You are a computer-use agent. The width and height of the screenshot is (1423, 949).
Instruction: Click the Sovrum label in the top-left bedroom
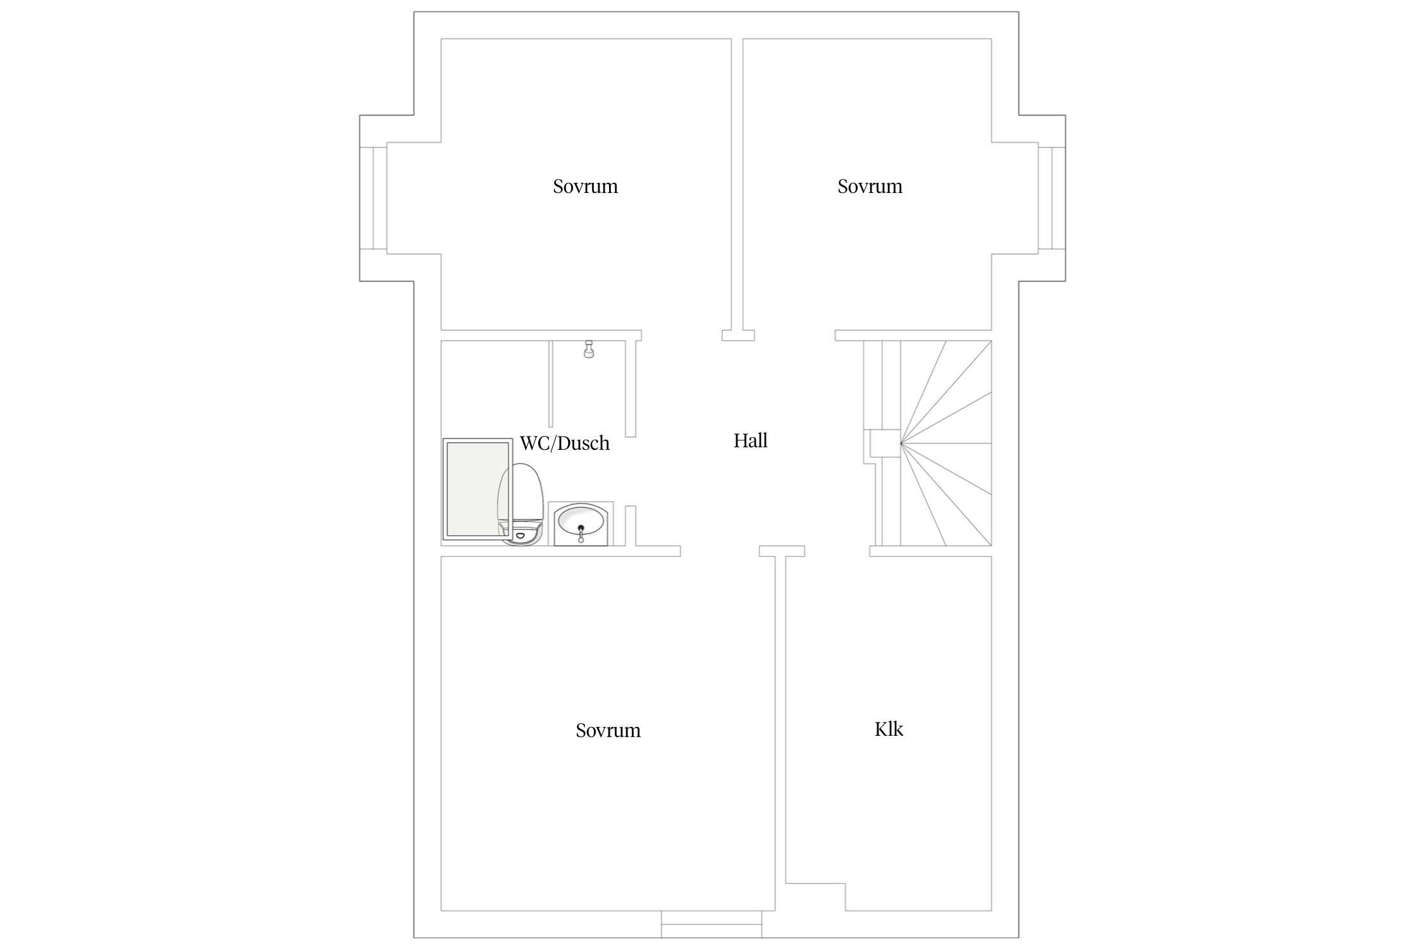click(585, 187)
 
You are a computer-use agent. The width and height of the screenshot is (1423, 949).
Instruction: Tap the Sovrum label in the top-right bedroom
click(870, 187)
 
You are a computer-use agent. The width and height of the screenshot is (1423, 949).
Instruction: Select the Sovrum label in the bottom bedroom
click(608, 731)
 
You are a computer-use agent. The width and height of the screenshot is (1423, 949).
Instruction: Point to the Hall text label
click(750, 440)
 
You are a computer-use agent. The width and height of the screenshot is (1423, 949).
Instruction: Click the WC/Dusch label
click(565, 443)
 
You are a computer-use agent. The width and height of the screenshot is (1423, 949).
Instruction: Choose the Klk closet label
click(889, 729)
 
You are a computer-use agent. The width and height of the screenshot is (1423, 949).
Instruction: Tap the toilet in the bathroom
click(521, 504)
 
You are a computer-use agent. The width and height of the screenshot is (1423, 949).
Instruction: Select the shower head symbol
click(589, 349)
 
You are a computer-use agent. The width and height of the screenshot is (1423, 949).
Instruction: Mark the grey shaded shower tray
click(477, 489)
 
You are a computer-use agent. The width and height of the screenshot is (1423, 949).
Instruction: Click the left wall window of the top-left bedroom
click(373, 198)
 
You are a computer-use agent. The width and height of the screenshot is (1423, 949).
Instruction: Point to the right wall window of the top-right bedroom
click(1051, 198)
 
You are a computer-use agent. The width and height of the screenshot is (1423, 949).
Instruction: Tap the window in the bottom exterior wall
click(711, 924)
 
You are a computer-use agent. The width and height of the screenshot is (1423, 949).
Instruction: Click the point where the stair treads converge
click(901, 443)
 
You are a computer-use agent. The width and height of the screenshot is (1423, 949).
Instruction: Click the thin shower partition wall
click(551, 383)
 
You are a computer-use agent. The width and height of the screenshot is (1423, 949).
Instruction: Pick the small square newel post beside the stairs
click(885, 443)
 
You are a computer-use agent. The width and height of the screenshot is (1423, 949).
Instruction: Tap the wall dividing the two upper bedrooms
click(737, 185)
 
